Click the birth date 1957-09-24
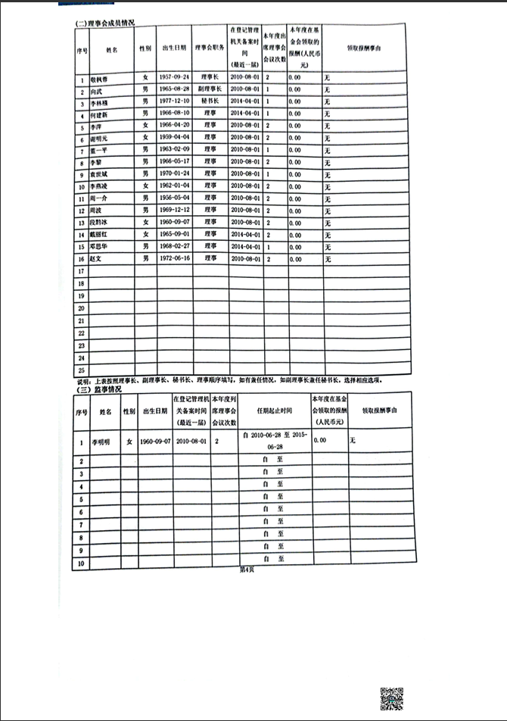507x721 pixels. tap(175, 78)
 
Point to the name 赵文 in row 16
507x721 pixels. tap(97, 259)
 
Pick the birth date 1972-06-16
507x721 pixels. tap(175, 258)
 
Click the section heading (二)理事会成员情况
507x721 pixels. tap(105, 24)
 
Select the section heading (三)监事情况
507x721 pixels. tap(98, 389)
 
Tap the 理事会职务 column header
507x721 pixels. tap(208, 48)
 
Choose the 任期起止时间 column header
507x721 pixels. tap(275, 411)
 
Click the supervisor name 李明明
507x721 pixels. tap(101, 441)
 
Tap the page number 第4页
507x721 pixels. tap(246, 570)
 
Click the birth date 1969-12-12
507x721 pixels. tap(175, 210)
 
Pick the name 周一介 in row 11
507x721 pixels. tap(98, 198)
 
